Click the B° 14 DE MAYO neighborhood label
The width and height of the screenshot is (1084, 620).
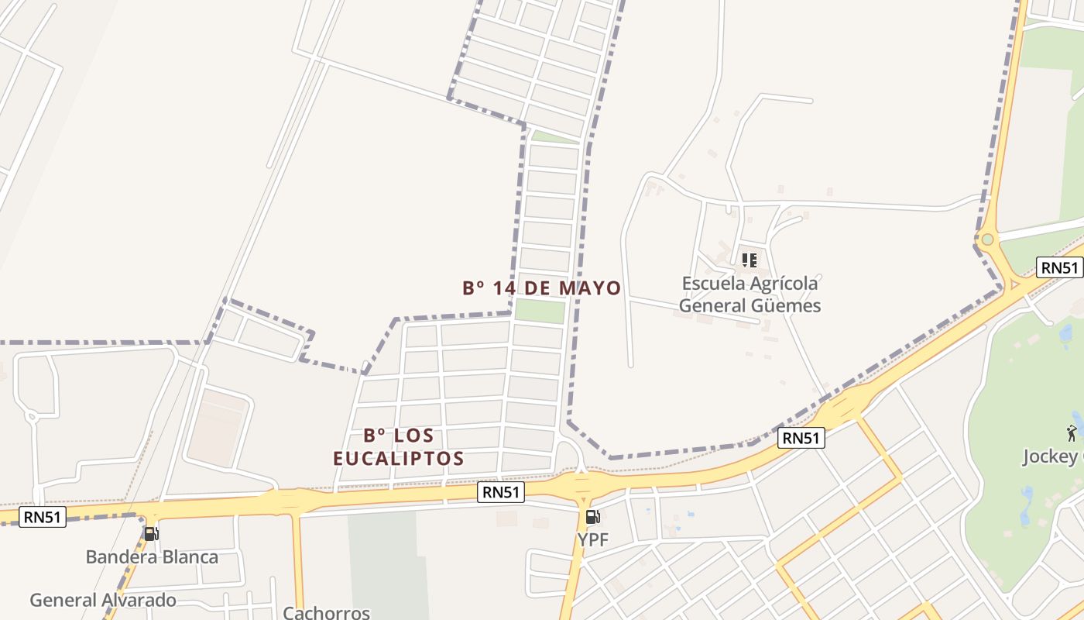coord(541,288)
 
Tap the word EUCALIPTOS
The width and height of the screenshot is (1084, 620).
coord(399,459)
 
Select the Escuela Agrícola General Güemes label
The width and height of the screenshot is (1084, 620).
coord(750,294)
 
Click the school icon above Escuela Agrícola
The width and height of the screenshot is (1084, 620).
coord(749,260)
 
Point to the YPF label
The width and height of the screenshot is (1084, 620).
coord(593,539)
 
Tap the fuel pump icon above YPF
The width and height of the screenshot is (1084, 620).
coord(592,517)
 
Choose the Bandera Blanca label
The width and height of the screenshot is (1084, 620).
coord(152,556)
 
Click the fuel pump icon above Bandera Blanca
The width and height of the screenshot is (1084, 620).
coord(151,533)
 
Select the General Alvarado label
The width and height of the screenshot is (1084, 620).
coord(103,600)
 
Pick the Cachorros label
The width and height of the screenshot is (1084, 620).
coord(326,612)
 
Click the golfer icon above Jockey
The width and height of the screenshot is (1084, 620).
coord(1072,432)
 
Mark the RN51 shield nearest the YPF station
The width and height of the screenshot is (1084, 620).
coord(501,492)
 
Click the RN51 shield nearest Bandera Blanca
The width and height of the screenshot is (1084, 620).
coord(43,517)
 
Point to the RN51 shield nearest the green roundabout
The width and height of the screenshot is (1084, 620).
coord(1059,267)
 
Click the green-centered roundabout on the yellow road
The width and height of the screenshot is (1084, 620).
coord(987,239)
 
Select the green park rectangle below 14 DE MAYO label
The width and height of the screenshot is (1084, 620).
coord(540,311)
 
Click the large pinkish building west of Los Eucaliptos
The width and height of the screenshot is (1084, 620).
coord(219,428)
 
